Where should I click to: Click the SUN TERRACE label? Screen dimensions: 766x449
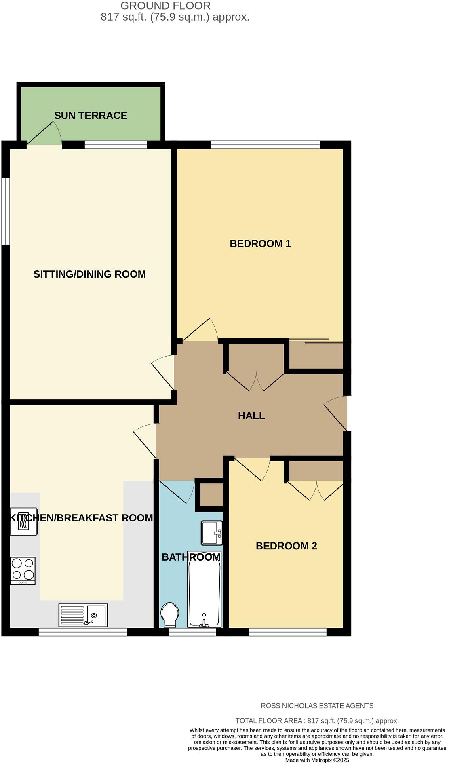tap(91, 116)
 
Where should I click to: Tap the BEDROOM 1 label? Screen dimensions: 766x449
tap(260, 244)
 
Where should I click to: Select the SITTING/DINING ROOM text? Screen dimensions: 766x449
tap(89, 274)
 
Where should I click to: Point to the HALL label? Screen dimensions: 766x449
tap(251, 416)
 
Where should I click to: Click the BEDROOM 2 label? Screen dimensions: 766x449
tap(286, 546)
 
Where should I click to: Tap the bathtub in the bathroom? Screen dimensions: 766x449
tap(204, 589)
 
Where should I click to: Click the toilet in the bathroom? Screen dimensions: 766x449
tap(169, 614)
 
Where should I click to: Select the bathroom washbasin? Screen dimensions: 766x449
tap(211, 532)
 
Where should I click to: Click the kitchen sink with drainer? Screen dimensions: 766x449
tap(83, 615)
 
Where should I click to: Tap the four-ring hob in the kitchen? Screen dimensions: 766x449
tap(23, 570)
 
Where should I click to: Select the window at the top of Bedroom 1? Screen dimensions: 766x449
tap(265, 144)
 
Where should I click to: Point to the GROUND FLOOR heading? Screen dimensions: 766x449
tap(165, 6)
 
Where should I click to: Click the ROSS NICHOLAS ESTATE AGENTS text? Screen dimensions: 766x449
tap(317, 706)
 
